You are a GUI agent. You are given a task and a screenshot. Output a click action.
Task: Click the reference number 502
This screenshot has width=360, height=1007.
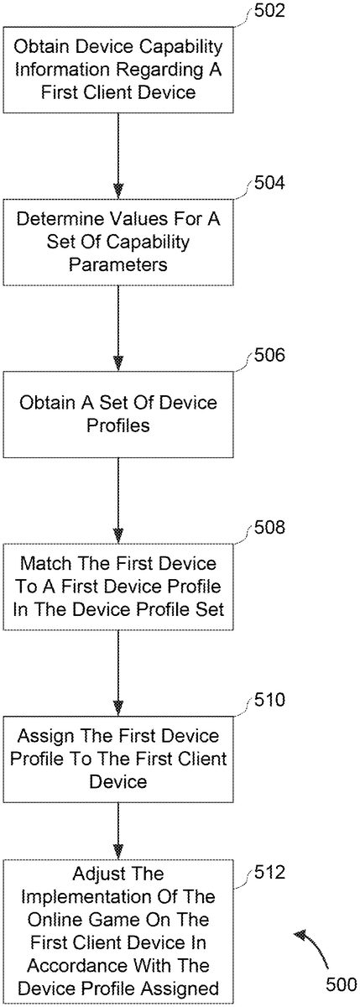point(269,11)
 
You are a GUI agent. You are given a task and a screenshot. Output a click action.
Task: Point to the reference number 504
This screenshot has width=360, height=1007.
point(269,183)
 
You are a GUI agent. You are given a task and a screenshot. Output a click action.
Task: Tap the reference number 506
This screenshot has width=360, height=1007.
point(269,355)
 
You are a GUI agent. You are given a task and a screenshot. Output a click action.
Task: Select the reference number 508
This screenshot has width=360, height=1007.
point(269,527)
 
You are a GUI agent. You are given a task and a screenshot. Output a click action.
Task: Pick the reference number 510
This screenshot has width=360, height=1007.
point(269,700)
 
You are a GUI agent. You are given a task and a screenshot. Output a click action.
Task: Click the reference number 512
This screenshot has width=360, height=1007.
point(269,873)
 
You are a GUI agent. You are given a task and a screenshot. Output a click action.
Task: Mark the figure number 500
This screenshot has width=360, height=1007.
point(342,984)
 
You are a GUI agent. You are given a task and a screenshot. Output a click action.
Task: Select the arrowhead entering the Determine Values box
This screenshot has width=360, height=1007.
point(118,190)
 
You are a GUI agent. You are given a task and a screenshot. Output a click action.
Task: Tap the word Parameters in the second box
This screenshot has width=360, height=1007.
point(118,264)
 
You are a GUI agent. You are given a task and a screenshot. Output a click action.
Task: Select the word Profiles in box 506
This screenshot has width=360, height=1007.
point(118,425)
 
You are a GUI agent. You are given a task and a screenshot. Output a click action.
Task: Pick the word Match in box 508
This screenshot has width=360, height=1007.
point(45,563)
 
